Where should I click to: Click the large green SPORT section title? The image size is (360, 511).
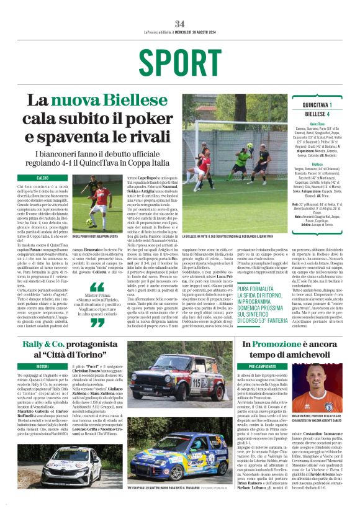179,63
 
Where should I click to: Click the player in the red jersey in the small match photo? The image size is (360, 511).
94,199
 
